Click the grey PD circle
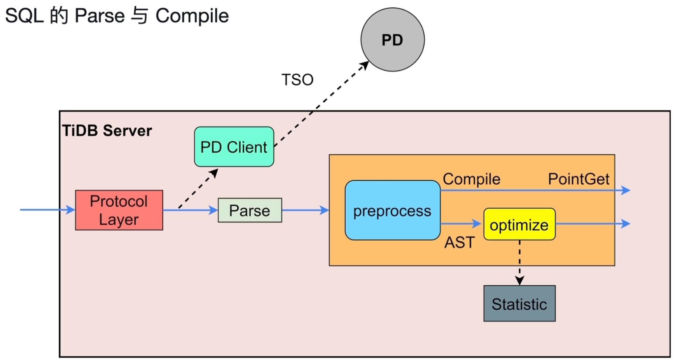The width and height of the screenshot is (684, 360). coord(392,40)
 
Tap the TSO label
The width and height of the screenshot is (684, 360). coord(297,80)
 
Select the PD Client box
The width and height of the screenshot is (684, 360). coord(234,147)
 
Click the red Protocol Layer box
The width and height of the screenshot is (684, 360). coord(119,210)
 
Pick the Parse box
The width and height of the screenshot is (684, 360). coord(250,210)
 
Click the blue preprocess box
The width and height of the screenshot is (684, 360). coord(392,211)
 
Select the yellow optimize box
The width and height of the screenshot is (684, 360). coord(519,224)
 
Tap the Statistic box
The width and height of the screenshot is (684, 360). coord(519,304)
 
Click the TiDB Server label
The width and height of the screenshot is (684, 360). coord(107,131)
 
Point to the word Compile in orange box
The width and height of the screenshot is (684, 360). coord(471,179)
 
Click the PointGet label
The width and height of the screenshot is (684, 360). coord(579,179)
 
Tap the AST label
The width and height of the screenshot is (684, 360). coord(459,243)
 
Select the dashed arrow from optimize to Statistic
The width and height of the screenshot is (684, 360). coord(519,261)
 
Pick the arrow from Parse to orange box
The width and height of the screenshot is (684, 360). coord(305,210)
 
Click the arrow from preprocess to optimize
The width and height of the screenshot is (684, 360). coord(461,224)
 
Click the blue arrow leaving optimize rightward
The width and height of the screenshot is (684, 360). coord(591,224)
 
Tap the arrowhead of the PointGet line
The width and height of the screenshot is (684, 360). coord(626,190)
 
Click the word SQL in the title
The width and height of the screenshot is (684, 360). coord(24,16)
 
